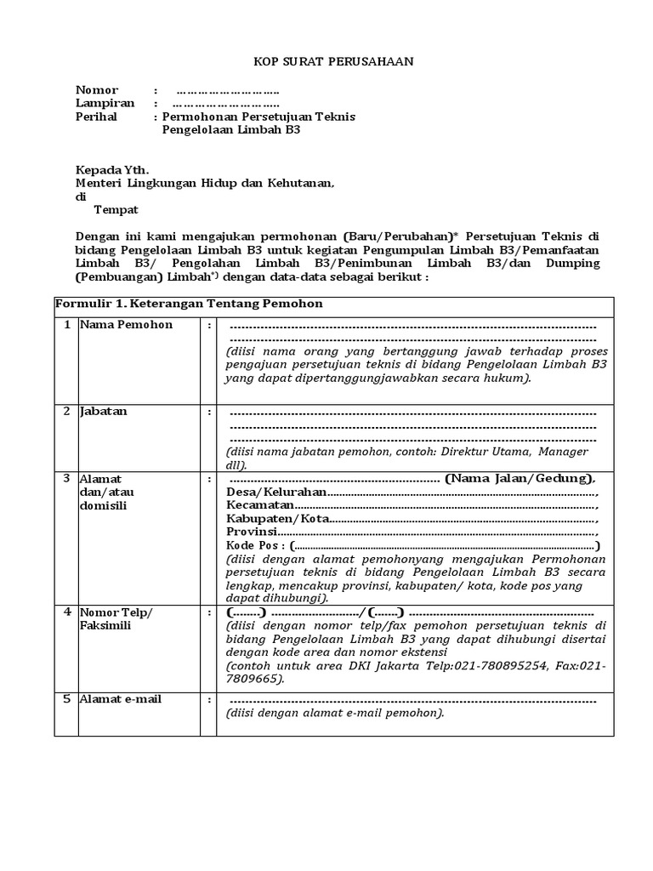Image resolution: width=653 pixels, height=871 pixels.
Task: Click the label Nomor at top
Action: pos(97,90)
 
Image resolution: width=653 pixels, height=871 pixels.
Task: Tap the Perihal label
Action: pos(96,117)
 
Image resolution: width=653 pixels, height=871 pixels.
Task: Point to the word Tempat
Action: pos(116,209)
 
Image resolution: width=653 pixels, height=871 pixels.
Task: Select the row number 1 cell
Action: pos(65,325)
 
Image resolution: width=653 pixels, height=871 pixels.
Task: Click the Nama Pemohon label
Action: pos(126,325)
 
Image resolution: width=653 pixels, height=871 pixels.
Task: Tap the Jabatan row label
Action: pos(104,412)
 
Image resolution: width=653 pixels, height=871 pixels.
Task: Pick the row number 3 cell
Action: pos(65,479)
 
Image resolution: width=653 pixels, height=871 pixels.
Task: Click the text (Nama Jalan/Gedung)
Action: pos(520,479)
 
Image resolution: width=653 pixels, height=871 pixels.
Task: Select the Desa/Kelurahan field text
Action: pos(277,493)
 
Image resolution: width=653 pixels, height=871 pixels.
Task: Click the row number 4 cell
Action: pos(65,612)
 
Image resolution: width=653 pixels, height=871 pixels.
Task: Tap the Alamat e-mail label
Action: pos(120,699)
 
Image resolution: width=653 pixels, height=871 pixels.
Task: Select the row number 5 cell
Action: pos(65,699)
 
